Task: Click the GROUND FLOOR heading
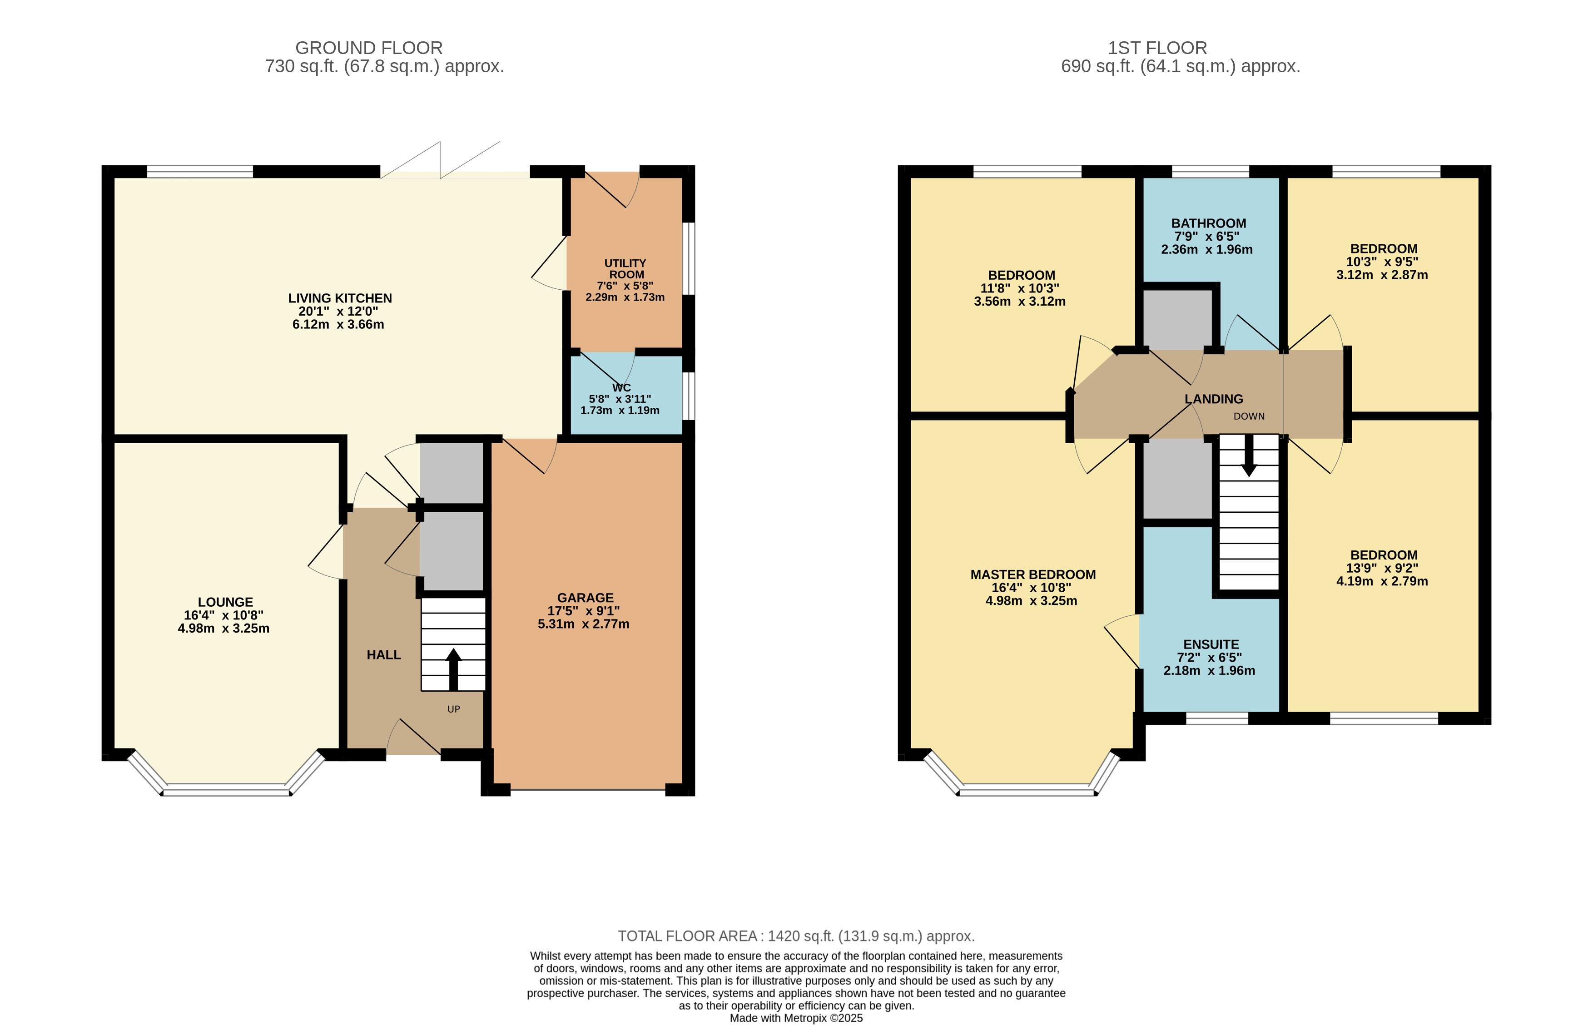point(369,48)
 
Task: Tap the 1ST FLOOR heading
point(1157,48)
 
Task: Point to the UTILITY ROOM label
point(625,269)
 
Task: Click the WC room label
point(621,387)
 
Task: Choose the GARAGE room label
point(585,598)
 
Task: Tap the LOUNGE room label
point(225,602)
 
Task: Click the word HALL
point(383,655)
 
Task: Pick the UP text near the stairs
point(453,709)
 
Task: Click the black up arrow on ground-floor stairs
point(453,669)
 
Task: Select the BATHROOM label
point(1208,223)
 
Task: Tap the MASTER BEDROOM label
point(1032,574)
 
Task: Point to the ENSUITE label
point(1211,644)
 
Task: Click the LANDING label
point(1214,399)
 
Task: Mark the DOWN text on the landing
point(1249,416)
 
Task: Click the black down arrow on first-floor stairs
point(1249,456)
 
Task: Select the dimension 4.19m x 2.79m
point(1382,581)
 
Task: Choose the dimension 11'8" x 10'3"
point(1020,288)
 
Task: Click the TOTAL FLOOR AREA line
point(796,936)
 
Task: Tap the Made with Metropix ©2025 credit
point(796,1018)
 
